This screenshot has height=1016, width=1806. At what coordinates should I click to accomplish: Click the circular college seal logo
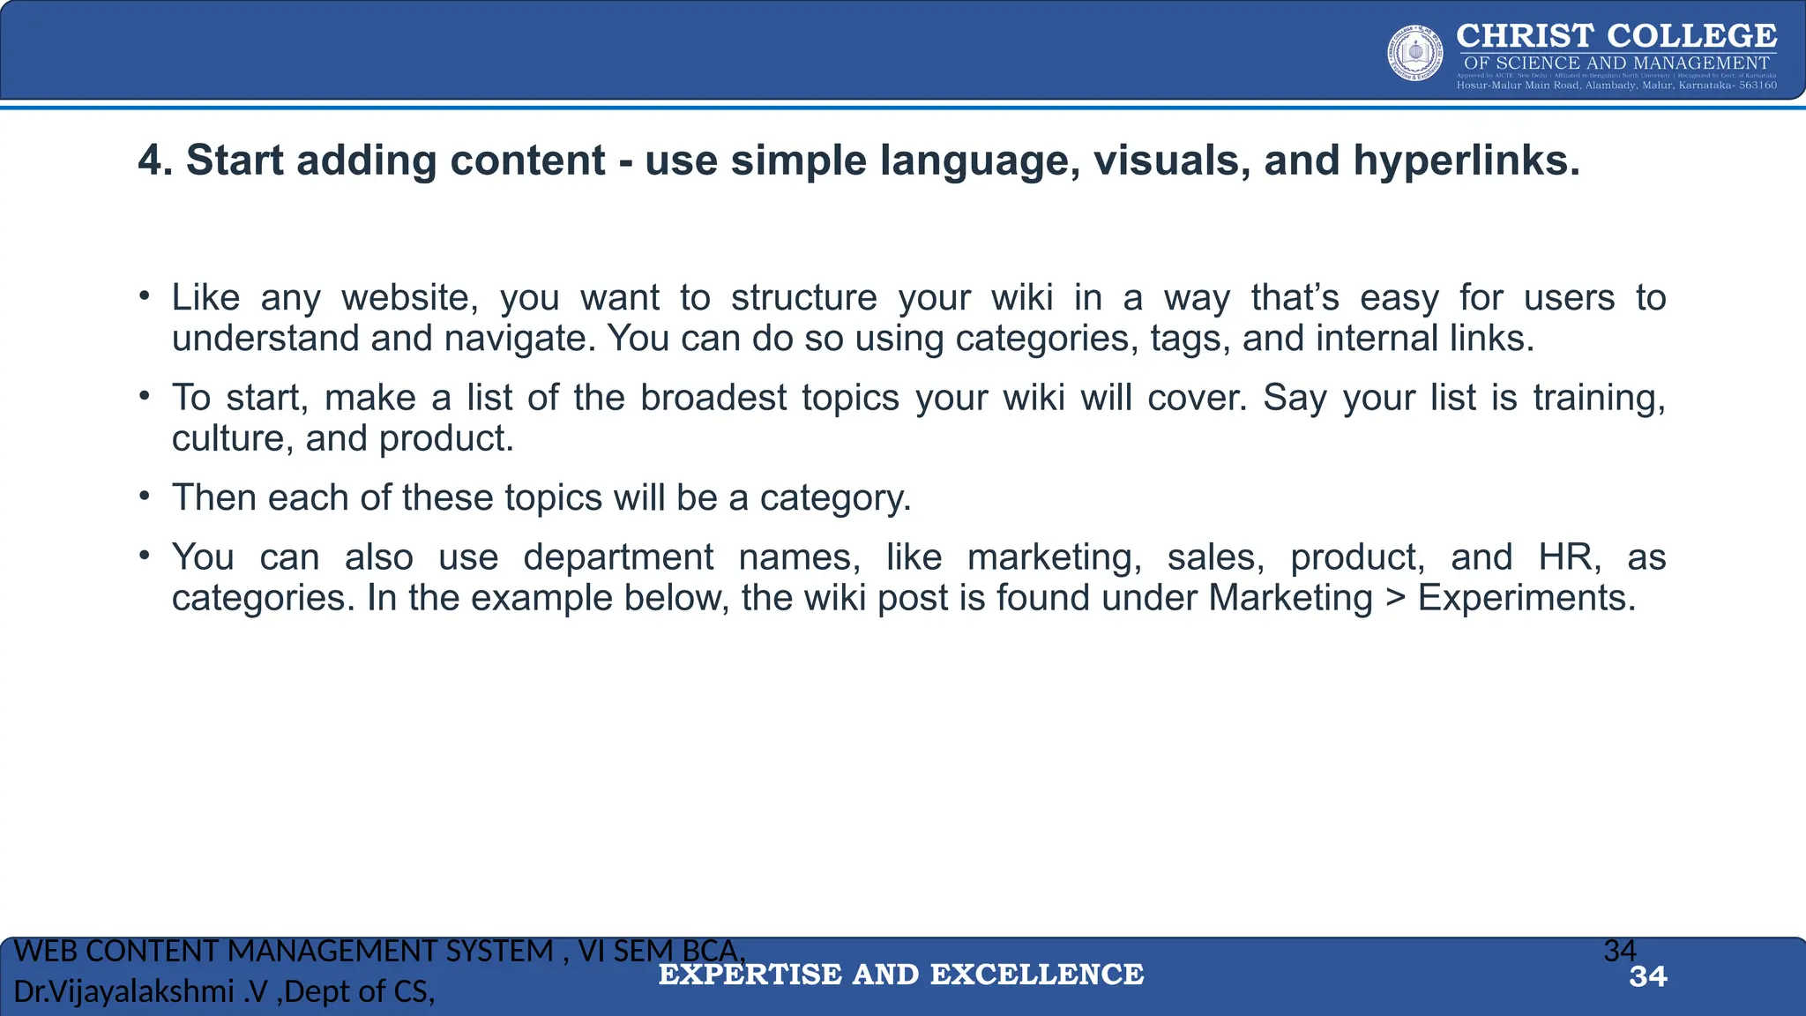pyautogui.click(x=1415, y=53)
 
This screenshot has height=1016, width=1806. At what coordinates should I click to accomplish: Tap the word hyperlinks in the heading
pyautogui.click(x=1465, y=161)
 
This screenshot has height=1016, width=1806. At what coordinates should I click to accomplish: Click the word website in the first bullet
pyautogui.click(x=409, y=298)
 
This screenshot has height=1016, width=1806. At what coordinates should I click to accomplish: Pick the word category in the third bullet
pyautogui.click(x=834, y=498)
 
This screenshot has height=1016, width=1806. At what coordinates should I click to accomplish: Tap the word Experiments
pyautogui.click(x=1526, y=598)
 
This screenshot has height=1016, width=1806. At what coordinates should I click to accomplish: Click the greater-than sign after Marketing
pyautogui.click(x=1395, y=598)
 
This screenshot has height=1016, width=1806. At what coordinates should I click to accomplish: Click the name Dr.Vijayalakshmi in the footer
pyautogui.click(x=124, y=992)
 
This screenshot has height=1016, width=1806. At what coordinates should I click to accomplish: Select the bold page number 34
pyautogui.click(x=1648, y=977)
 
